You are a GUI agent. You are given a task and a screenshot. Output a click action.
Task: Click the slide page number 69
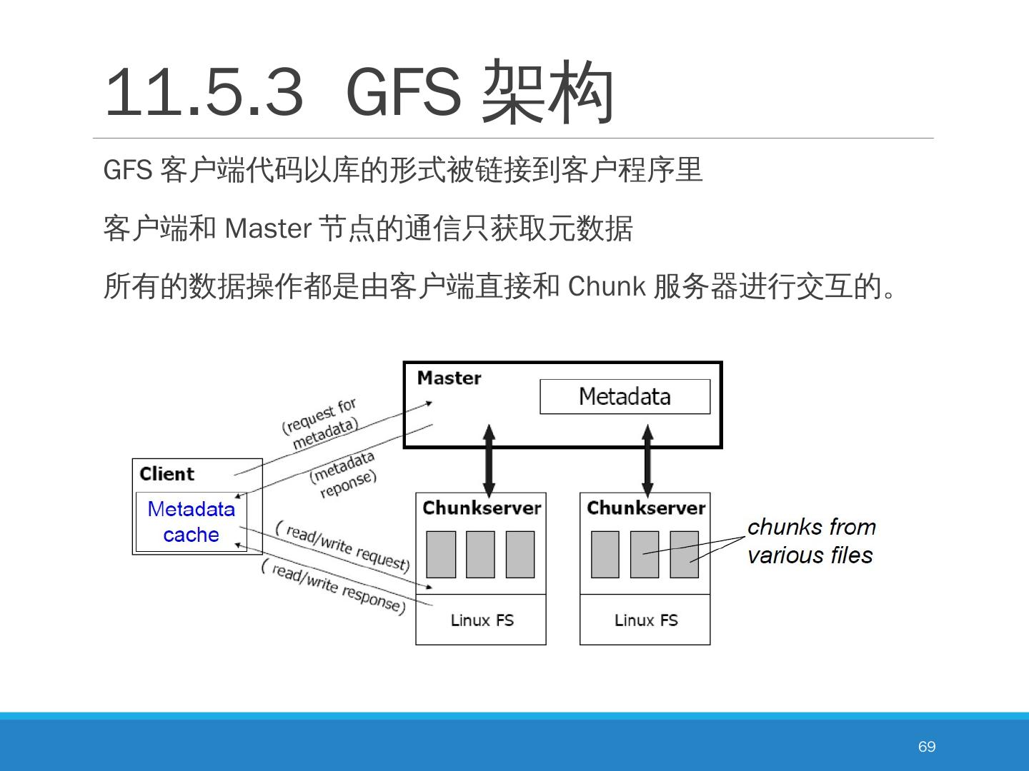tap(926, 746)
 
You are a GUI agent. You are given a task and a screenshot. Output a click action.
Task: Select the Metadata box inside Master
tap(625, 396)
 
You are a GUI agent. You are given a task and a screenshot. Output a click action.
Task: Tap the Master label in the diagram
tap(449, 378)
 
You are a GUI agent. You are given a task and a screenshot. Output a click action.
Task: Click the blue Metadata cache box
tap(191, 522)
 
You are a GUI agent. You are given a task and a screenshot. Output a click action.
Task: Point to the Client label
tap(166, 474)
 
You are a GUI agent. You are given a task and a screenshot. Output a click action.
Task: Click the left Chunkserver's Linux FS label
tap(482, 620)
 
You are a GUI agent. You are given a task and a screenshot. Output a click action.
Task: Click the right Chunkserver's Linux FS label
tap(645, 620)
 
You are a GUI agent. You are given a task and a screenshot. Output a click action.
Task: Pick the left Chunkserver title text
tap(481, 508)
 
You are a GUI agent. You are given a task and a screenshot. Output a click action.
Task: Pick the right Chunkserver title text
tap(645, 508)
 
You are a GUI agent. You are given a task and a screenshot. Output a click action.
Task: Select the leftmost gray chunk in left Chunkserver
tap(441, 554)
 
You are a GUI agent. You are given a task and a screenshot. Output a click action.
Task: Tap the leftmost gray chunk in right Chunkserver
tap(605, 554)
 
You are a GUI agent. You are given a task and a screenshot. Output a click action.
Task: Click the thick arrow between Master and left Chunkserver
tap(489, 460)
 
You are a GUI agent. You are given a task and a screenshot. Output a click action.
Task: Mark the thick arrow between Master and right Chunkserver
tap(647, 460)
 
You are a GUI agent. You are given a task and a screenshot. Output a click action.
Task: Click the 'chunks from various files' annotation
tap(811, 541)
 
